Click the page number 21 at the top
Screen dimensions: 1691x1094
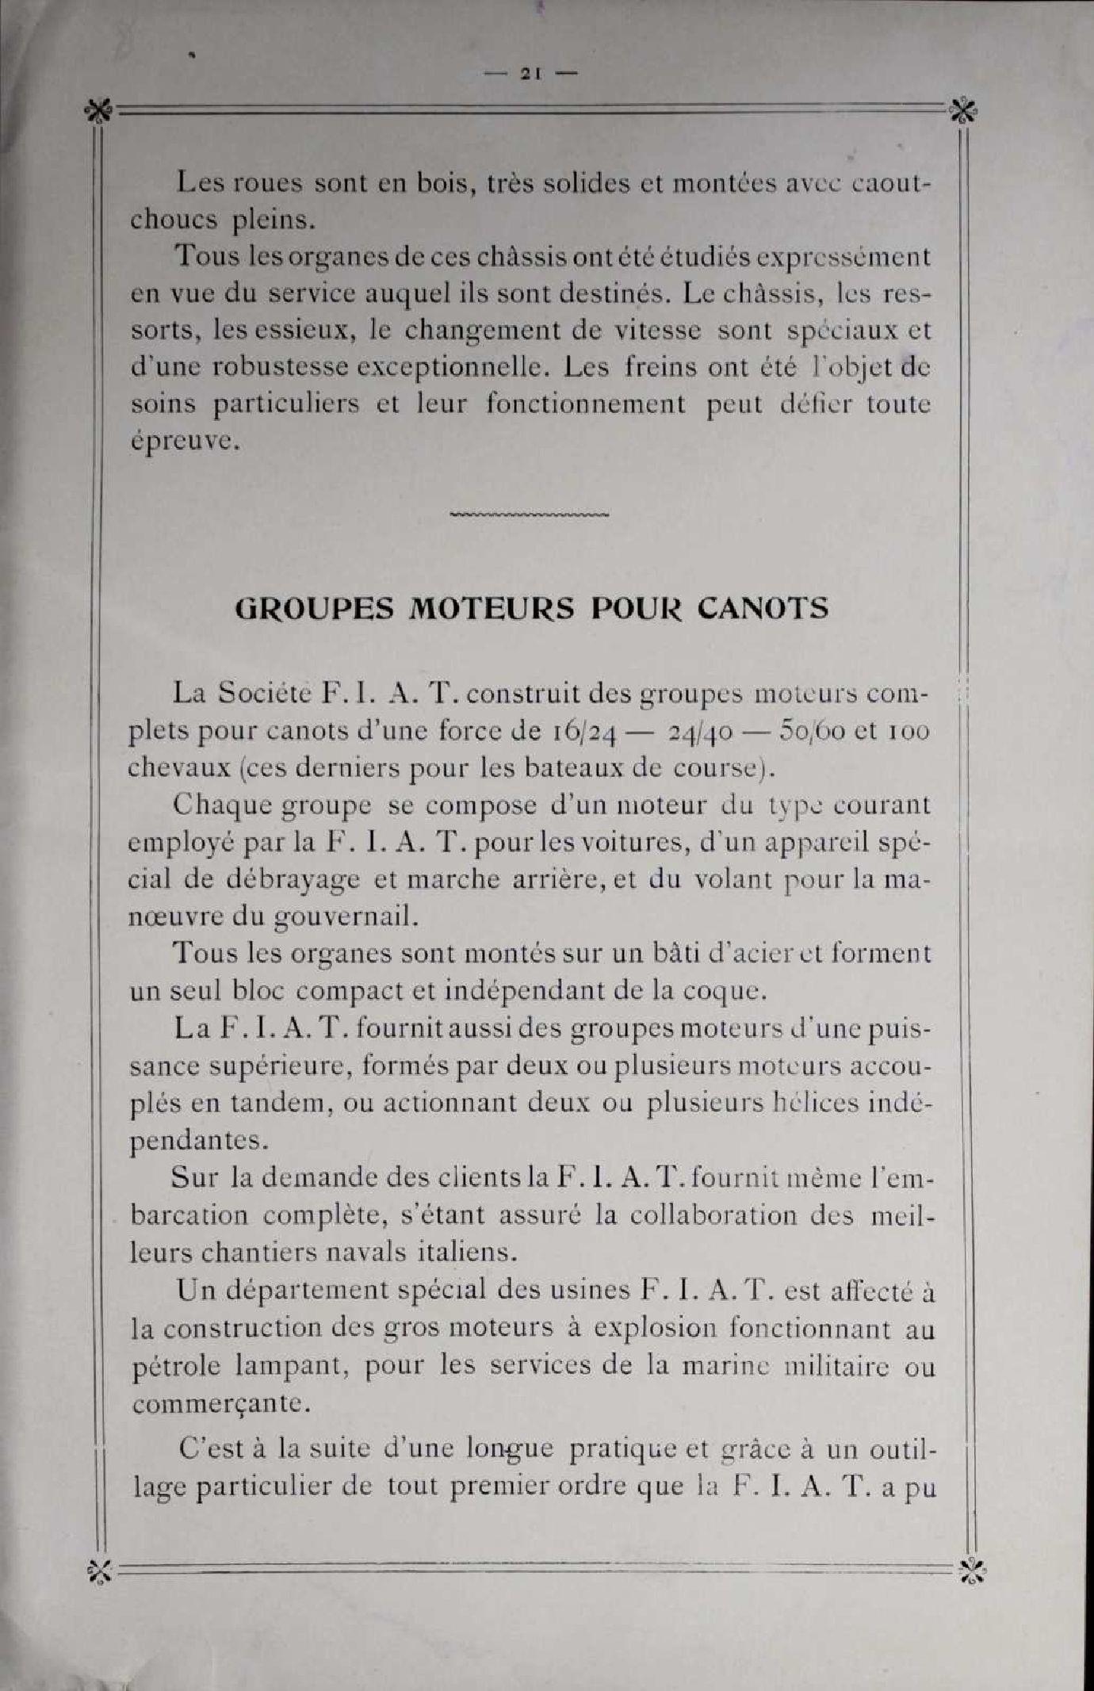click(530, 73)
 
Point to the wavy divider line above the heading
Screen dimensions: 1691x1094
click(529, 515)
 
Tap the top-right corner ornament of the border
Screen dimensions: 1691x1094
click(963, 112)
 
